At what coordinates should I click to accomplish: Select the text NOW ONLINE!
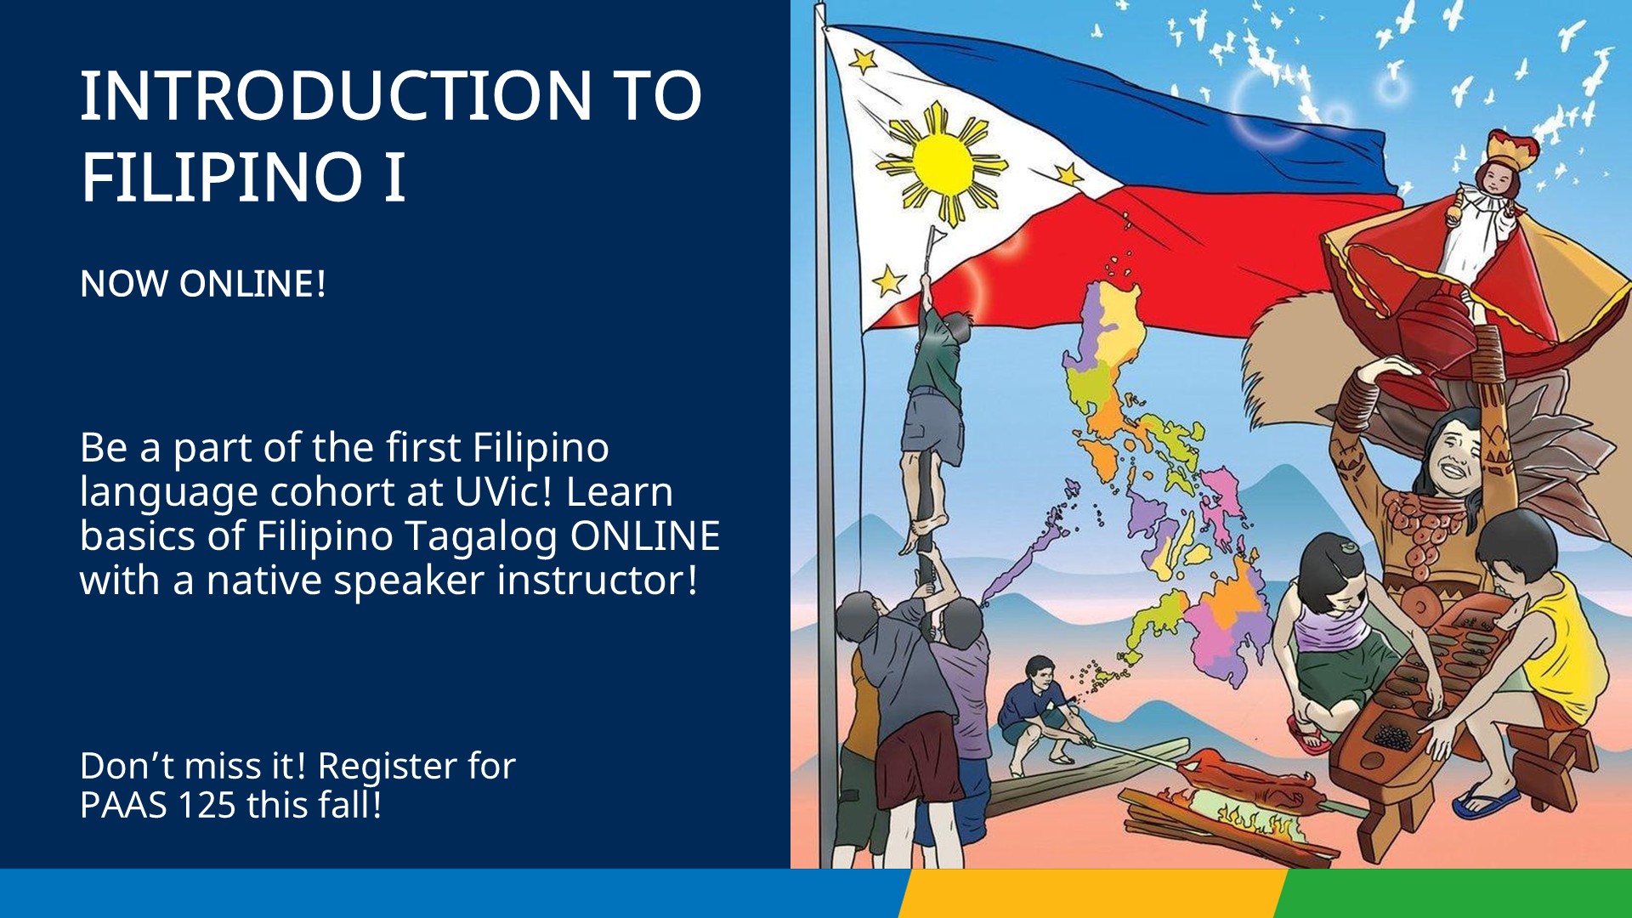click(x=203, y=284)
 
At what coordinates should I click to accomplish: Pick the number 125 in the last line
click(x=206, y=805)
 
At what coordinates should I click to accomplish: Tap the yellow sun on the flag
click(x=941, y=164)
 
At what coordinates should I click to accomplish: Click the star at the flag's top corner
click(x=863, y=61)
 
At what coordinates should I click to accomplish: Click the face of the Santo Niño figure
click(x=1493, y=179)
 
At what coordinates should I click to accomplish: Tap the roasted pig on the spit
click(x=1248, y=779)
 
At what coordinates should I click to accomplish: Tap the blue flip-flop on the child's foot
click(x=1485, y=800)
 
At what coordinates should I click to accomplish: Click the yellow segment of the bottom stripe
click(x=1092, y=893)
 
